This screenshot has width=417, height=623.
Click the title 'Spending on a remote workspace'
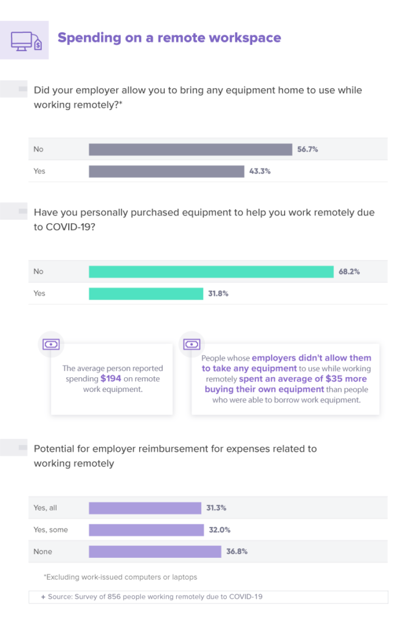point(169,38)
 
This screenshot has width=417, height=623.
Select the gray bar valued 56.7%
point(190,149)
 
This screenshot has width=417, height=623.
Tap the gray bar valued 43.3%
point(167,171)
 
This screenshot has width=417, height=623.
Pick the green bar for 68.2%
point(211,271)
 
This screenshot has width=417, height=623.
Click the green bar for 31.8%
point(146,293)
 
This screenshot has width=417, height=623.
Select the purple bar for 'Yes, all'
point(145,508)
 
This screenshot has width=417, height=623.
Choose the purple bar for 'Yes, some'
point(146,530)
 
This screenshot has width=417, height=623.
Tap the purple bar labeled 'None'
point(154,552)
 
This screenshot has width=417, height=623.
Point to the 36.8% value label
point(237,552)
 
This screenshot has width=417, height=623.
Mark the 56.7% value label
point(308,149)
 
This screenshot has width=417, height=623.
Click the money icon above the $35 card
point(192,344)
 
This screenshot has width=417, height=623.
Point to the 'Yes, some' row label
point(50,530)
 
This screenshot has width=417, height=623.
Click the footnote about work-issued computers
point(120,576)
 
